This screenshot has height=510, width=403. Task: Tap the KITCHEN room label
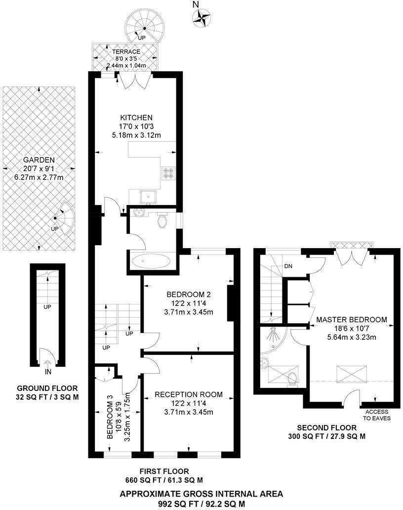point(136,118)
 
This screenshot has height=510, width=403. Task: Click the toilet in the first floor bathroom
point(162,221)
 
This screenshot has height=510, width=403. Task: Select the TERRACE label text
point(126,51)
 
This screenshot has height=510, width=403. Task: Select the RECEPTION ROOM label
point(188,394)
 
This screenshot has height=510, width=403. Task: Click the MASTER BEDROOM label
point(352,320)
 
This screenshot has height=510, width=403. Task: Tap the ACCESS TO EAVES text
point(377,415)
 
